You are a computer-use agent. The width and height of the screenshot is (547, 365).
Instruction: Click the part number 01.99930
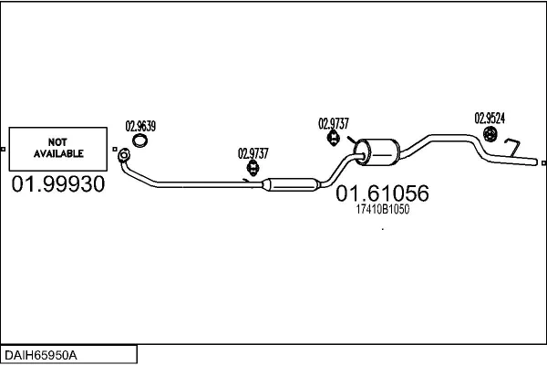(58, 184)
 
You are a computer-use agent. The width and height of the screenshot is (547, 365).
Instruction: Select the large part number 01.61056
(382, 193)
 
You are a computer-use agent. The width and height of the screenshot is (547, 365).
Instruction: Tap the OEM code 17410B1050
(382, 209)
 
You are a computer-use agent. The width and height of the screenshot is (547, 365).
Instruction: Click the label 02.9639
(140, 126)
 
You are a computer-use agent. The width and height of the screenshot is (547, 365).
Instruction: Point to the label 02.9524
(490, 118)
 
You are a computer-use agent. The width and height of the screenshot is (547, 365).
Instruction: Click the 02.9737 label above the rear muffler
(333, 124)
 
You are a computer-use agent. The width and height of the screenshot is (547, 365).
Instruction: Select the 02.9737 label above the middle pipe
(253, 153)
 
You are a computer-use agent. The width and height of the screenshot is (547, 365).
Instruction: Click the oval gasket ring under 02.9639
(139, 141)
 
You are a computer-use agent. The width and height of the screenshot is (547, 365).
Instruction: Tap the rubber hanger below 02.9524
(490, 134)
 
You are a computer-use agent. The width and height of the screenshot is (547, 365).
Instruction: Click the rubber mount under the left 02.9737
(253, 168)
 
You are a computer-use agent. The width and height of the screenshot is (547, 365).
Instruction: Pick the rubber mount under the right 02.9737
(334, 138)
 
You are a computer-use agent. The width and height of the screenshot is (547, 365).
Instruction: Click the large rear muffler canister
(377, 152)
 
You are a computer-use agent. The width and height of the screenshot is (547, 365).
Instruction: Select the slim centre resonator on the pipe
(291, 184)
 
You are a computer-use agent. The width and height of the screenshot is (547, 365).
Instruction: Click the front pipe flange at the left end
(124, 155)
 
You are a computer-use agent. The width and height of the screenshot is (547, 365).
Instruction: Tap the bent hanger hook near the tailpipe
(512, 148)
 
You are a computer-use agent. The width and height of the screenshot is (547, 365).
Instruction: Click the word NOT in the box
(57, 142)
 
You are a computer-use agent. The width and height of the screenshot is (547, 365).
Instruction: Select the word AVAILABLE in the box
(58, 153)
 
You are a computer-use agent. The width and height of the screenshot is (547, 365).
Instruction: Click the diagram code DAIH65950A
(41, 355)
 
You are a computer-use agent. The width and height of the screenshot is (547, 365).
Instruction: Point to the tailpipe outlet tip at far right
(536, 162)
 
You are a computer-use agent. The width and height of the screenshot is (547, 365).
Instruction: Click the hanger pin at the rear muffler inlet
(352, 139)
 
